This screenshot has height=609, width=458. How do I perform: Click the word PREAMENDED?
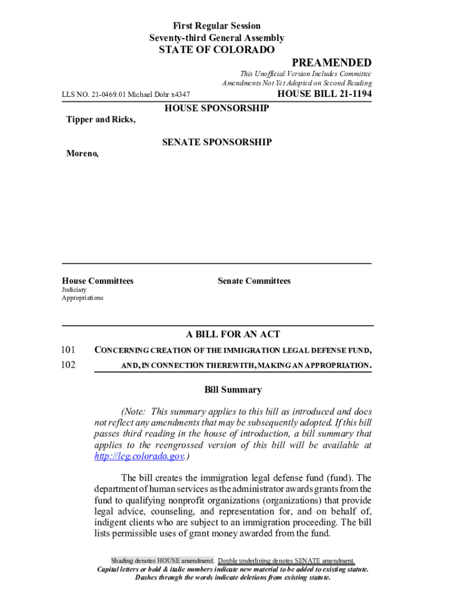tap(331, 63)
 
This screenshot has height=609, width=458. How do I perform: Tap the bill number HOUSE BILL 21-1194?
tap(324, 94)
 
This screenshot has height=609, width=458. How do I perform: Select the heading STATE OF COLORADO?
tap(217, 50)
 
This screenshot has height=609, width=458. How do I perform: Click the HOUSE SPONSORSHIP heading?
tap(217, 108)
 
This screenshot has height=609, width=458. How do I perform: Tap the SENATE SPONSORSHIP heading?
tap(217, 142)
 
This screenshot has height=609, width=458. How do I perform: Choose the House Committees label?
tap(98, 281)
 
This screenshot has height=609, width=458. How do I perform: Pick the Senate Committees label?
tap(254, 281)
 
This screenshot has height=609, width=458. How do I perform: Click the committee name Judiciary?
tap(74, 290)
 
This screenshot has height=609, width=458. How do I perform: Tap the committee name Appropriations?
tap(83, 297)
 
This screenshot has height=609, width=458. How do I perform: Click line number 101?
tap(68, 350)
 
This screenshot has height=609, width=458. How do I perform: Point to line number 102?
tap(68, 365)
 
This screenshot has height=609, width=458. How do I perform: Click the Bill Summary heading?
tap(233, 390)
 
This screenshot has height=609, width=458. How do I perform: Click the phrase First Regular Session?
tap(217, 26)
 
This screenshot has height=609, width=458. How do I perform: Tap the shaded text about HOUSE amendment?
tap(162, 561)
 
